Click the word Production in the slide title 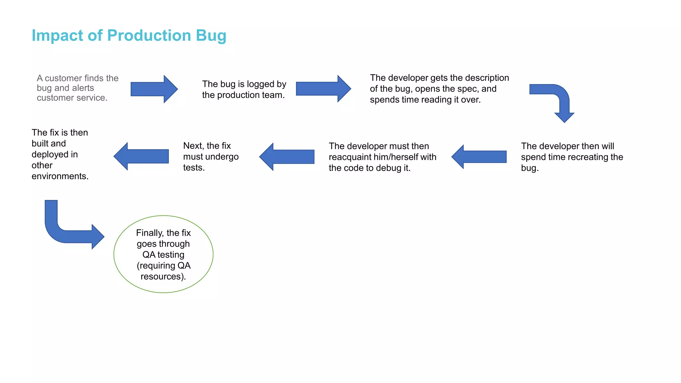click(x=149, y=35)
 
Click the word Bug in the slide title click(x=211, y=36)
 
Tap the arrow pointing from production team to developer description click(x=323, y=89)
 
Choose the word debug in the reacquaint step click(x=389, y=168)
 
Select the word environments click(x=60, y=176)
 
